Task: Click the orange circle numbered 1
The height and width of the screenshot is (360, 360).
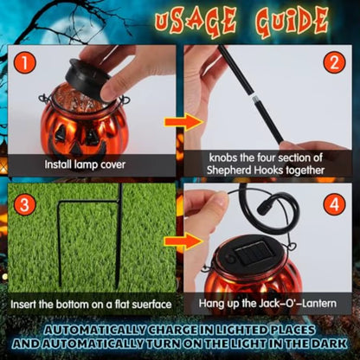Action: [x=24, y=63]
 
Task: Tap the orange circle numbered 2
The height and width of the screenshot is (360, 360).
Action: [x=334, y=63]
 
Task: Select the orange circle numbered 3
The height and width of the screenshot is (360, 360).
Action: [x=24, y=204]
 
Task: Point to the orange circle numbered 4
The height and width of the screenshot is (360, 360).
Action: [x=334, y=204]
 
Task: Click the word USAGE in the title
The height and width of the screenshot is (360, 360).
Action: [x=196, y=22]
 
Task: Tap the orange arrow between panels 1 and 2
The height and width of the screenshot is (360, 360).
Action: [x=184, y=122]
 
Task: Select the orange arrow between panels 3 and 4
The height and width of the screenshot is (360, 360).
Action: [x=184, y=241]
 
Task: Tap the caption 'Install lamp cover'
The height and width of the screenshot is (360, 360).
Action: [x=85, y=164]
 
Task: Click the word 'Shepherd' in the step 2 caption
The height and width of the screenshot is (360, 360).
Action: [x=229, y=170]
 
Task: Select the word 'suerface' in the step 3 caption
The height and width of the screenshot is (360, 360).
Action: [x=151, y=305]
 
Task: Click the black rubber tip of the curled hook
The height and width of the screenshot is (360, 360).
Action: [x=262, y=209]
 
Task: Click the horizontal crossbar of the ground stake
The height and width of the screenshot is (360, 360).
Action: [x=89, y=202]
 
